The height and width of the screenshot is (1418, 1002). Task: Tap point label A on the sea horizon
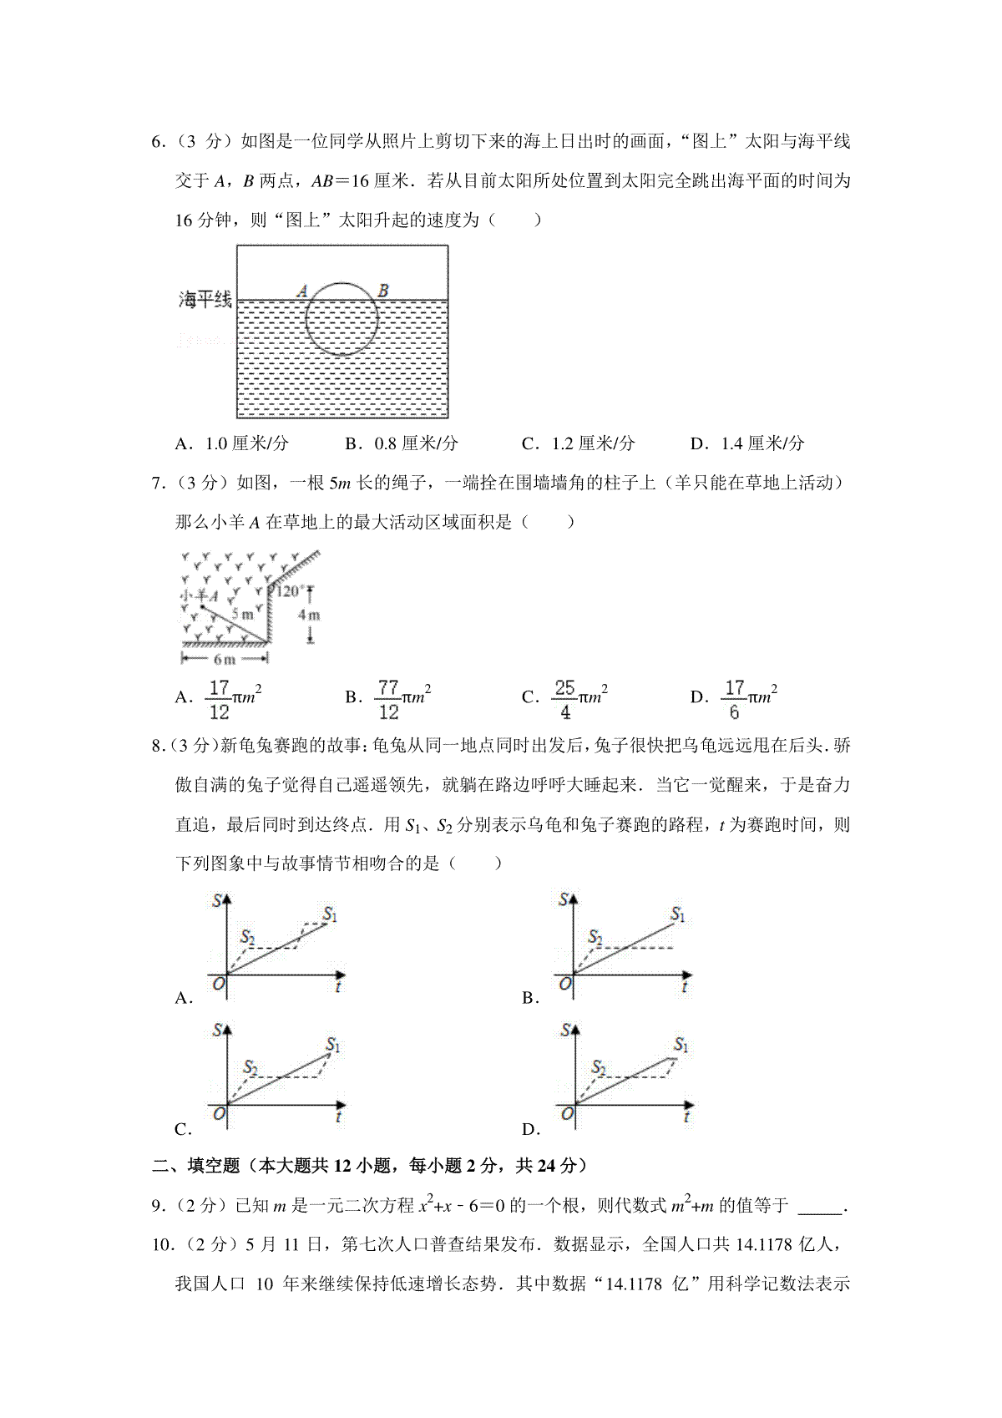[x=302, y=291]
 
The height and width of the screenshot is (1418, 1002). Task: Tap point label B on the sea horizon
[x=382, y=291]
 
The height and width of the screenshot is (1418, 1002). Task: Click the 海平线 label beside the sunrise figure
[x=205, y=300]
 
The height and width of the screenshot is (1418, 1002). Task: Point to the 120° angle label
[x=288, y=590]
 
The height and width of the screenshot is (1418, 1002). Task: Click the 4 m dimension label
[x=310, y=615]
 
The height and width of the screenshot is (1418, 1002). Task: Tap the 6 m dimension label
[x=224, y=659]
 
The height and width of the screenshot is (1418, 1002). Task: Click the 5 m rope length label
[x=243, y=615]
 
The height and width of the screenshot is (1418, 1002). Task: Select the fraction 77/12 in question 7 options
[x=388, y=699]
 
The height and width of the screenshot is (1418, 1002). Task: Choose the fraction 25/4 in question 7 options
[x=565, y=699]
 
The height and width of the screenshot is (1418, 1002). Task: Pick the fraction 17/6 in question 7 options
[x=734, y=699]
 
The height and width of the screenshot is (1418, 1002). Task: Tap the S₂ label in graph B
[x=595, y=938]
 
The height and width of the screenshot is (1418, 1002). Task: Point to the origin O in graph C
[x=220, y=1114]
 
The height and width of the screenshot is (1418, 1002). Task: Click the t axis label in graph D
[x=686, y=1117]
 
